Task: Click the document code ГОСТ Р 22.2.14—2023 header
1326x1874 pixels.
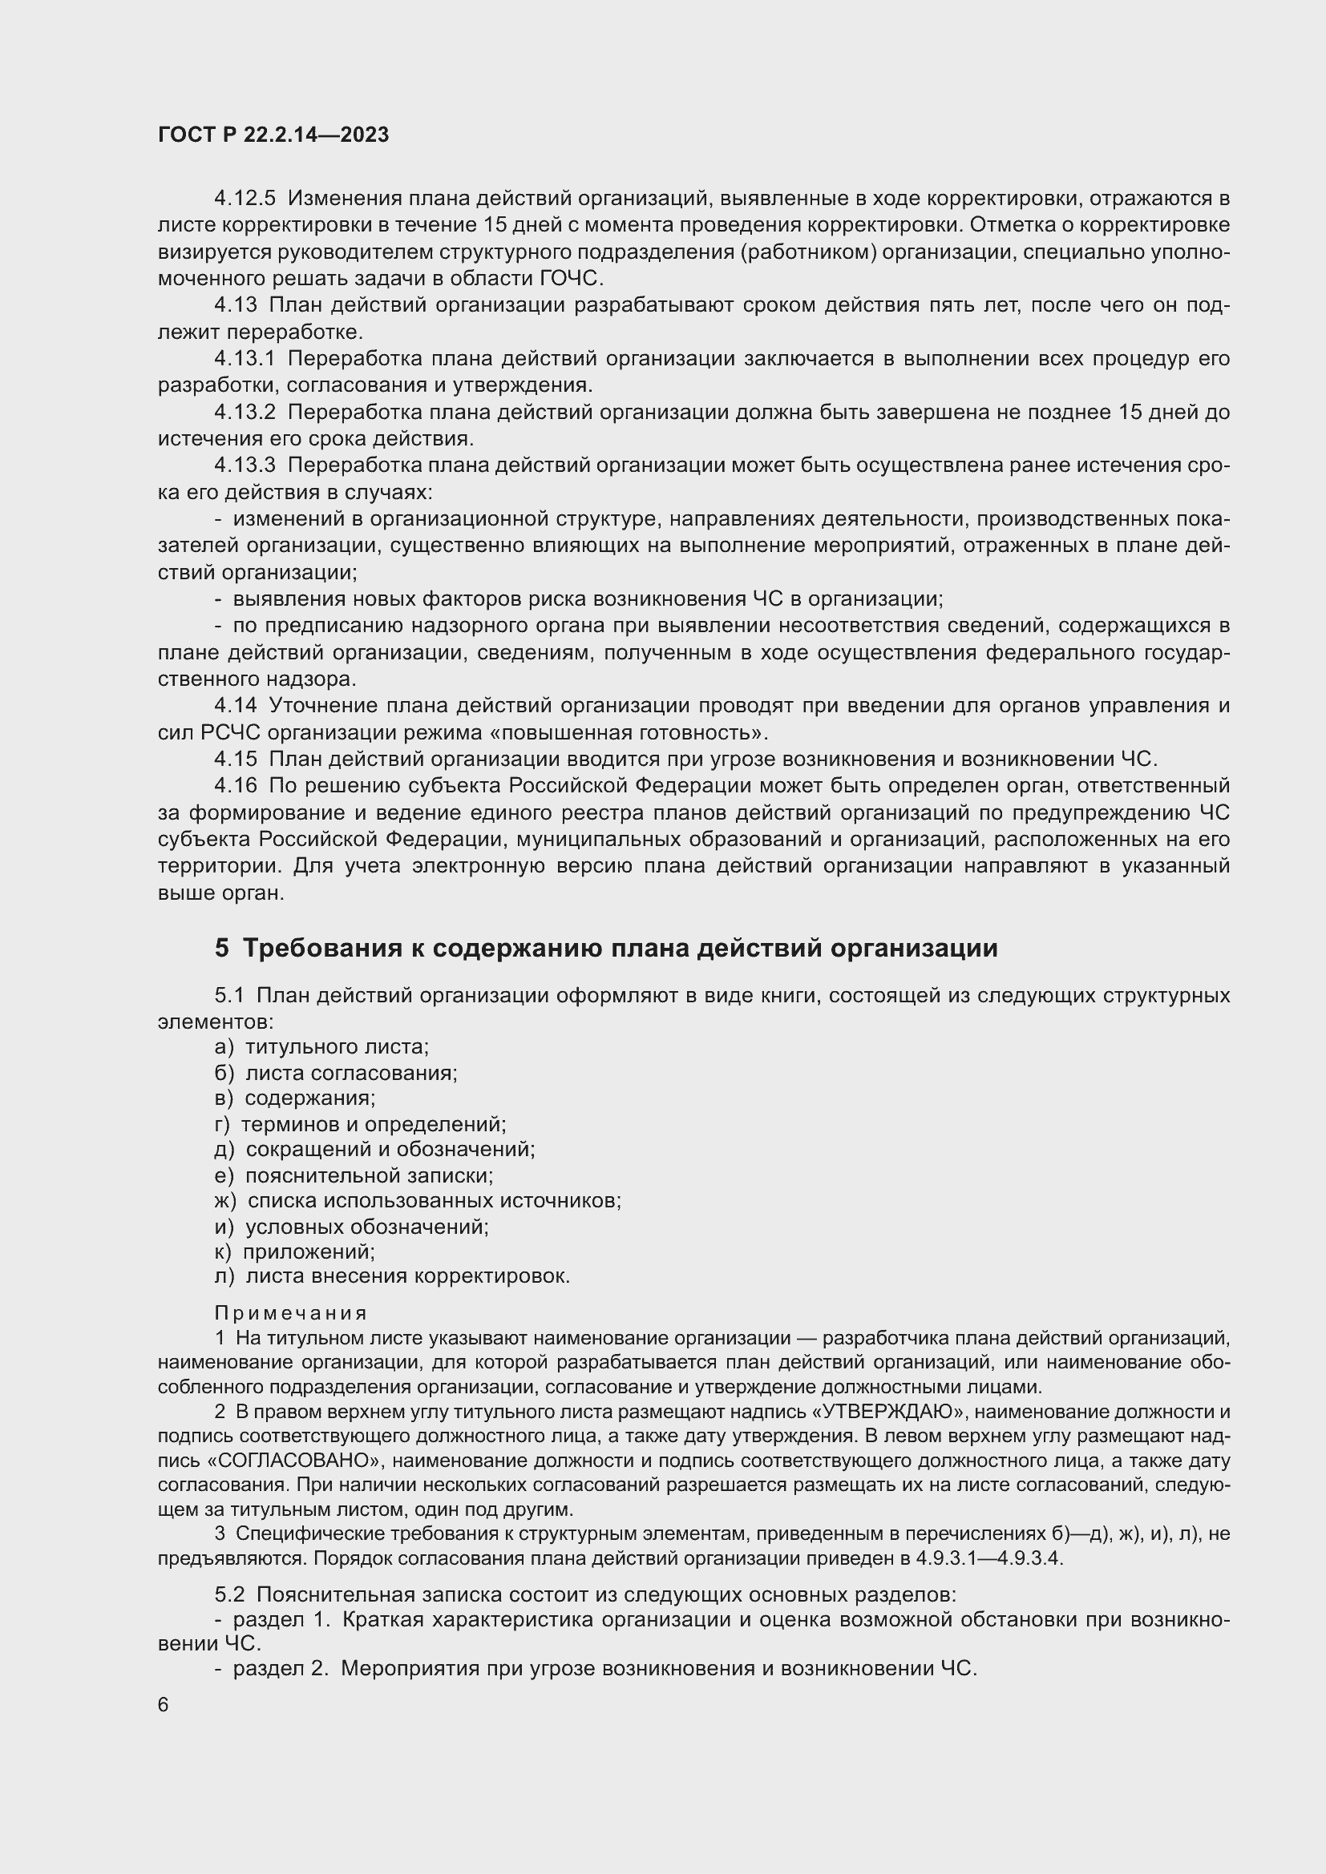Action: point(273,135)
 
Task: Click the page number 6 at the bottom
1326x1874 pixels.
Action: point(164,1705)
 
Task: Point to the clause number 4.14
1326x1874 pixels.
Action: point(235,705)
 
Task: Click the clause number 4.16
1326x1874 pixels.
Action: point(235,785)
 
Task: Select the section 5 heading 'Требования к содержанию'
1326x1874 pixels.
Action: point(605,949)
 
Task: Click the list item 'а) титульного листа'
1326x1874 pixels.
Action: point(321,1046)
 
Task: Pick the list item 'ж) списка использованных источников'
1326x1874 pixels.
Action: point(417,1201)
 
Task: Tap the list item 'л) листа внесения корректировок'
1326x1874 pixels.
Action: point(392,1276)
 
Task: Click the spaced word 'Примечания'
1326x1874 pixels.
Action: point(291,1313)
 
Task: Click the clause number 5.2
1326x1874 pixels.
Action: point(229,1594)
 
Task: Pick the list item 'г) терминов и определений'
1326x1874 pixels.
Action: point(360,1124)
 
